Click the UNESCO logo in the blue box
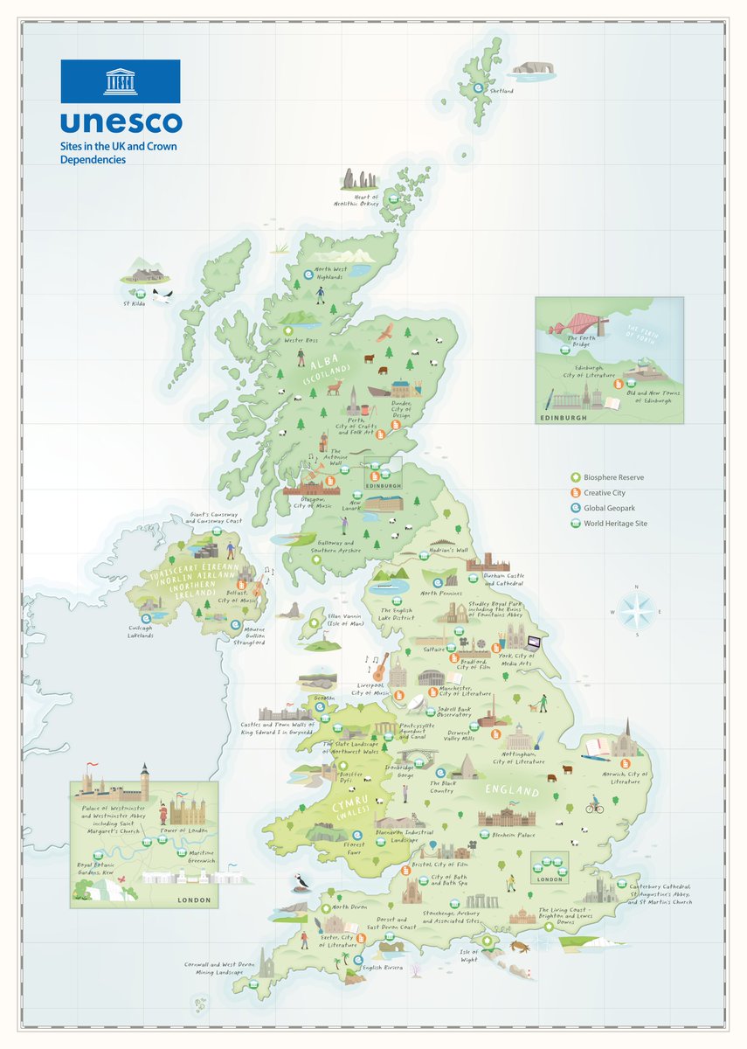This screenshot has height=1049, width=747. click(120, 81)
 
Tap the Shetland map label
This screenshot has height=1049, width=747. click(501, 91)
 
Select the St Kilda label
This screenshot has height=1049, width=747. click(133, 304)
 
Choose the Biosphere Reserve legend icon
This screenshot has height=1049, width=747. click(574, 477)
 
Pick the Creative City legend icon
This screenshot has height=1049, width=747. click(574, 493)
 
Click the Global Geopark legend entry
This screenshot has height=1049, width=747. click(612, 508)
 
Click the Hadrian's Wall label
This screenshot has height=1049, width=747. click(450, 552)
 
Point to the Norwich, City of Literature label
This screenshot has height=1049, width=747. click(626, 777)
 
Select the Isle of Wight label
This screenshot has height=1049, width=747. click(469, 955)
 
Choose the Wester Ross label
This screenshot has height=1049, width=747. click(299, 340)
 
